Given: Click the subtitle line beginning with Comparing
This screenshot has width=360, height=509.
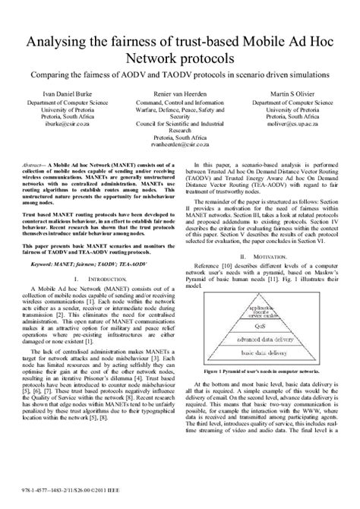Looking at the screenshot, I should coord(179,77).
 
